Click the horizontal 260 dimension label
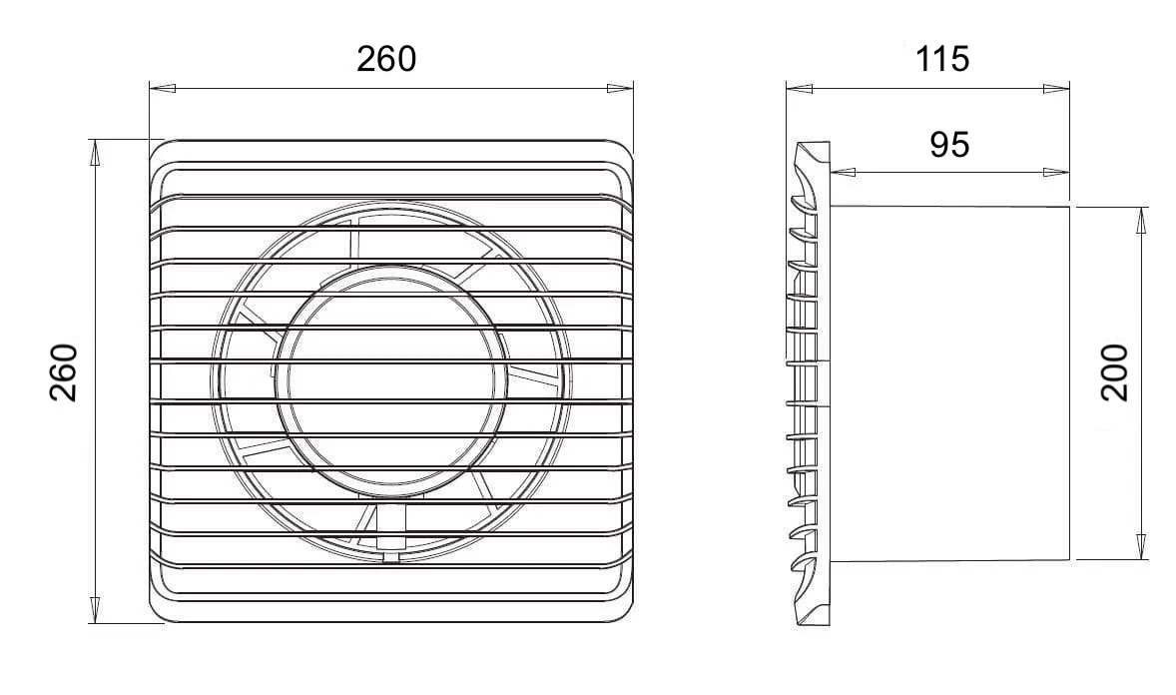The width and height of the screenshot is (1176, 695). tap(386, 59)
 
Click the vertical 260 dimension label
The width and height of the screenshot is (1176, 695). tap(64, 372)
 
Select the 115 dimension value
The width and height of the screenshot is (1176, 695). tap(942, 59)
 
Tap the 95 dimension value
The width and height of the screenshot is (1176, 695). tap(949, 145)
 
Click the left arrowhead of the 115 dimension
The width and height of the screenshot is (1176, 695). tap(799, 89)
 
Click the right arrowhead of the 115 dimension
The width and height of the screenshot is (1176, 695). tap(1057, 89)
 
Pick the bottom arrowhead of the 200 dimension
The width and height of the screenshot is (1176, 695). tap(1142, 547)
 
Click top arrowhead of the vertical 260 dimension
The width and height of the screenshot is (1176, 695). tap(95, 151)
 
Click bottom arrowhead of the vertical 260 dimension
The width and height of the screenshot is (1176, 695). tap(95, 611)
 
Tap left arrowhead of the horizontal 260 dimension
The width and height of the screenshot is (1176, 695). tap(163, 89)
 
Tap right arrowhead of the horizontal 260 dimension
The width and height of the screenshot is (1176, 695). tap(621, 89)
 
